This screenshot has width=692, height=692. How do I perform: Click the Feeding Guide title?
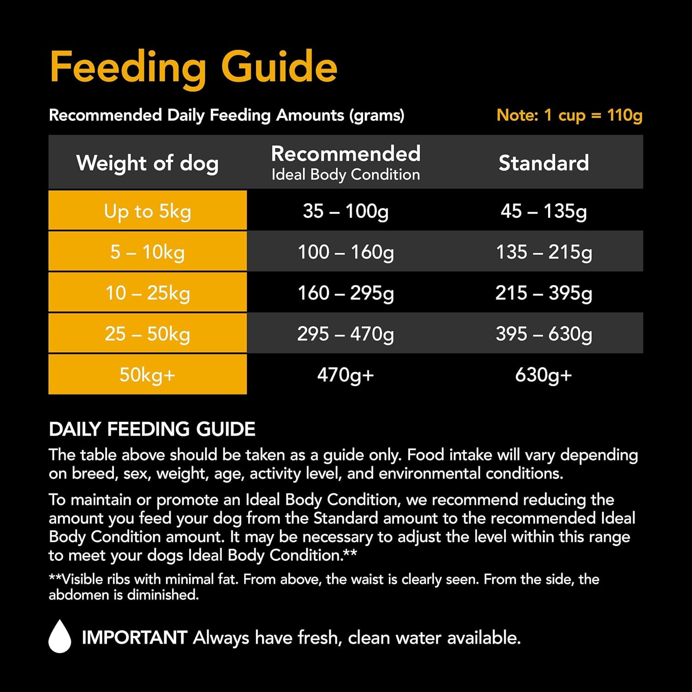click(193, 67)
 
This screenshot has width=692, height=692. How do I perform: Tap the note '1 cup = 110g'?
click(569, 115)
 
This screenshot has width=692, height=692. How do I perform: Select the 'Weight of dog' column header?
click(147, 163)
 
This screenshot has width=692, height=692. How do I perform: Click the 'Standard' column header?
click(543, 163)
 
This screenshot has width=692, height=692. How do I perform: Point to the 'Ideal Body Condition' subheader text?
click(346, 175)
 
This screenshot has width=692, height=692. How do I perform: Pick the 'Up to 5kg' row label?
click(147, 211)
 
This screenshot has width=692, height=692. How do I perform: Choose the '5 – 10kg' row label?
click(147, 252)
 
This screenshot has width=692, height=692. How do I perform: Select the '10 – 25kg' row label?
click(147, 293)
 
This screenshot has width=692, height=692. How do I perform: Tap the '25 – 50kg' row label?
click(147, 334)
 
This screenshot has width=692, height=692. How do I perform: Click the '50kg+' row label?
click(147, 375)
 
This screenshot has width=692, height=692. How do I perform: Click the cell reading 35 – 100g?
click(346, 211)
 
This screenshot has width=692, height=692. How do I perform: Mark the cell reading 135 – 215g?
click(543, 252)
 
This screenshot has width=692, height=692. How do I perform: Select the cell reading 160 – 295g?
click(346, 293)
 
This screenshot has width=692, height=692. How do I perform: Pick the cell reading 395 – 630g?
click(543, 334)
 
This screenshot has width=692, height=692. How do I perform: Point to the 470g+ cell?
click(346, 375)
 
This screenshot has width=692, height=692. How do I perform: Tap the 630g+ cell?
click(543, 375)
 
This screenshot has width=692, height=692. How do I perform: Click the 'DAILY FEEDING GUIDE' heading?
click(152, 429)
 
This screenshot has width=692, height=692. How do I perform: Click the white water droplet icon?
click(60, 637)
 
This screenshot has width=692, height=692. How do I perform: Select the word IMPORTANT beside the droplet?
click(134, 638)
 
